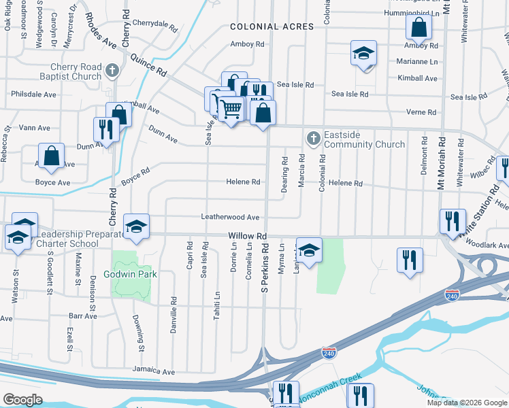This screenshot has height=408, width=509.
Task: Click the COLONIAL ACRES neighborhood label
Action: (x=272, y=27)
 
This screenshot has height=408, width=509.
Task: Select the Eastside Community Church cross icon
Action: (x=313, y=138)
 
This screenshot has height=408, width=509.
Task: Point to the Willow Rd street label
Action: (x=246, y=235)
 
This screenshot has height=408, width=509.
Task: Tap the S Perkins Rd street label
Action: (x=265, y=269)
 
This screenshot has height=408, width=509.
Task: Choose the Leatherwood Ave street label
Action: (x=230, y=217)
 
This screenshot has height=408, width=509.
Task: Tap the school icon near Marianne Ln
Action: (x=363, y=53)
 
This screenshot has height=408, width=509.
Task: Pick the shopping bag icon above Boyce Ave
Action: (x=51, y=156)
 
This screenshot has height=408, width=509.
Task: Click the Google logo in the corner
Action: (x=22, y=400)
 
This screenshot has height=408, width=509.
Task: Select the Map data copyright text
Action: (x=467, y=403)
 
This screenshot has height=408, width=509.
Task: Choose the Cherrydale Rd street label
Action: (x=156, y=22)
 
